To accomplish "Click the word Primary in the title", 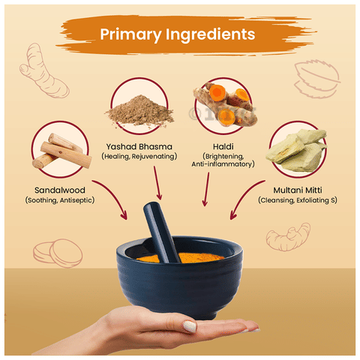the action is click(x=130, y=34).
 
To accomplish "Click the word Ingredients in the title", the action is click(x=210, y=34).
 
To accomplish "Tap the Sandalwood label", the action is click(x=60, y=190).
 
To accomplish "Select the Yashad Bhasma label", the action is click(x=139, y=146).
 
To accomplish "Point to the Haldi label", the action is click(x=223, y=146).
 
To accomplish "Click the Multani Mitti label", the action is click(x=298, y=190).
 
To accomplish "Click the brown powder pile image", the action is click(x=139, y=110).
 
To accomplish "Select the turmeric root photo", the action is click(x=225, y=104).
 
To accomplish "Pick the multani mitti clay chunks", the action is click(x=296, y=150).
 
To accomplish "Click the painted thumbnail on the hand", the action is click(x=190, y=326).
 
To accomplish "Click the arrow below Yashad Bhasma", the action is click(x=157, y=182).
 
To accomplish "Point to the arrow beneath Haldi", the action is click(x=206, y=189).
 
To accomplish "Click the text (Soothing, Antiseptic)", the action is click(x=60, y=200).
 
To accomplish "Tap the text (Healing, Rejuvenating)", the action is click(x=139, y=157).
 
